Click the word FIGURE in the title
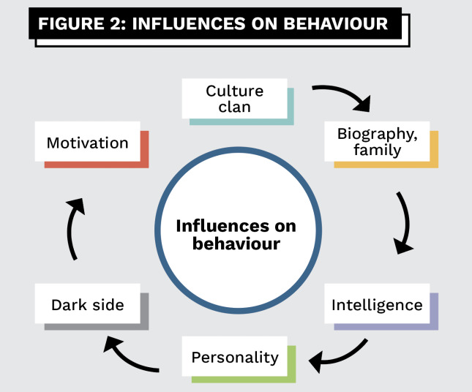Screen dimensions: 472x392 [x=71, y=23]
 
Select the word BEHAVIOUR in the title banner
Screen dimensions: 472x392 [x=336, y=23]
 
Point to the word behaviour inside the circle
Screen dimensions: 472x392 [x=236, y=243]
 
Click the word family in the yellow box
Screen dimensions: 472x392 [x=377, y=150]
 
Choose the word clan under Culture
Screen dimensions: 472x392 [x=235, y=107]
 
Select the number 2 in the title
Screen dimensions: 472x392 [x=116, y=23]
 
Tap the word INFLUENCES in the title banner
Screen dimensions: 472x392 [x=189, y=23]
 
